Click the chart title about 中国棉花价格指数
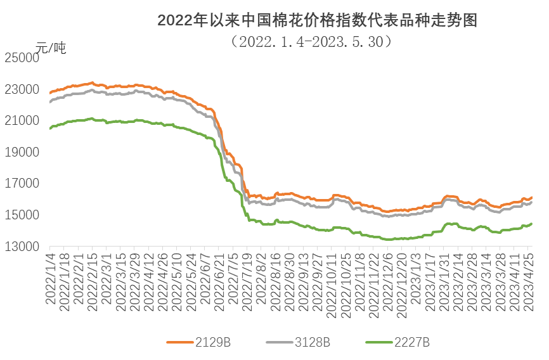pyautogui.click(x=316, y=20)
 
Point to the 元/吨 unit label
pyautogui.click(x=50, y=48)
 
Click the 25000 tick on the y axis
pyautogui.click(x=22, y=58)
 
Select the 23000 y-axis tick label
pyautogui.click(x=22, y=89)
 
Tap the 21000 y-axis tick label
pyautogui.click(x=22, y=120)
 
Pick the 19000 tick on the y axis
pyautogui.click(x=22, y=152)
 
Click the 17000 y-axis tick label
pyautogui.click(x=22, y=184)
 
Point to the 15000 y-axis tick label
pyautogui.click(x=22, y=215)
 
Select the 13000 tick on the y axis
pyautogui.click(x=22, y=247)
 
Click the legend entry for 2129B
pyautogui.click(x=198, y=342)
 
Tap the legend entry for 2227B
pyautogui.click(x=397, y=342)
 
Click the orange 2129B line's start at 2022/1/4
pyautogui.click(x=50, y=93)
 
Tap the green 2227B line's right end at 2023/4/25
pyautogui.click(x=531, y=224)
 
